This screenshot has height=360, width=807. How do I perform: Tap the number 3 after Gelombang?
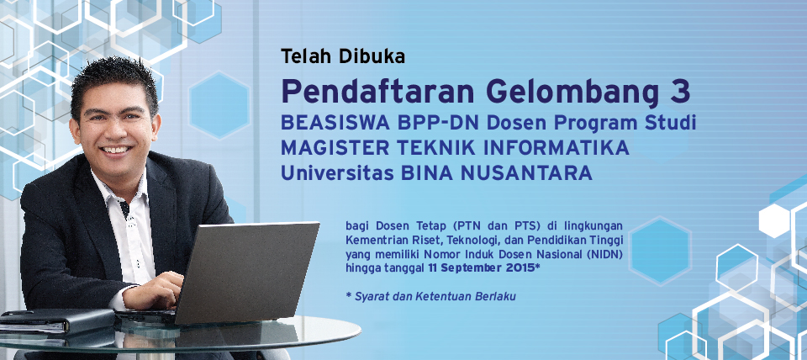pyautogui.click(x=679, y=92)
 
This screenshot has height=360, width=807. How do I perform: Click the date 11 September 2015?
pyautogui.click(x=481, y=268)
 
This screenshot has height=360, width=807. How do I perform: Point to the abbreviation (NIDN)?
pyautogui.click(x=605, y=254)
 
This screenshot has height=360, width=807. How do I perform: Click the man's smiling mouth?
pyautogui.click(x=116, y=150)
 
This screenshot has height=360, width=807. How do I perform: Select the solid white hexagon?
pyautogui.click(x=774, y=221)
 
